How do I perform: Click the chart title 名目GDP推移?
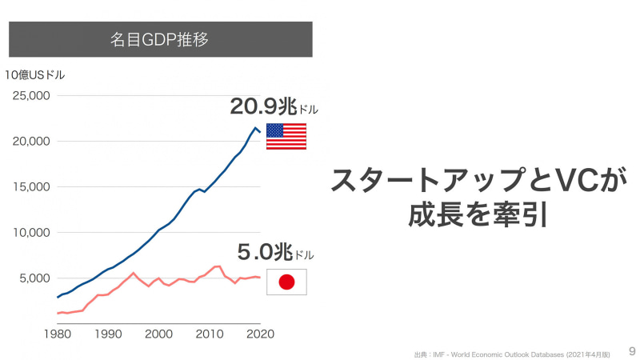coord(160,38)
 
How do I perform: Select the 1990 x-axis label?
coord(108,334)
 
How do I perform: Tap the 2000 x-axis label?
coord(159,334)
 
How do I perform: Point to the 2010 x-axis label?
coord(210,334)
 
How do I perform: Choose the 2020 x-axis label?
coord(259,334)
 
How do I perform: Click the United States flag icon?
coord(286,137)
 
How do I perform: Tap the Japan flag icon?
coord(286,282)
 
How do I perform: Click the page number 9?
coord(632,350)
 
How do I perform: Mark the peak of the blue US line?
coord(255,128)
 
